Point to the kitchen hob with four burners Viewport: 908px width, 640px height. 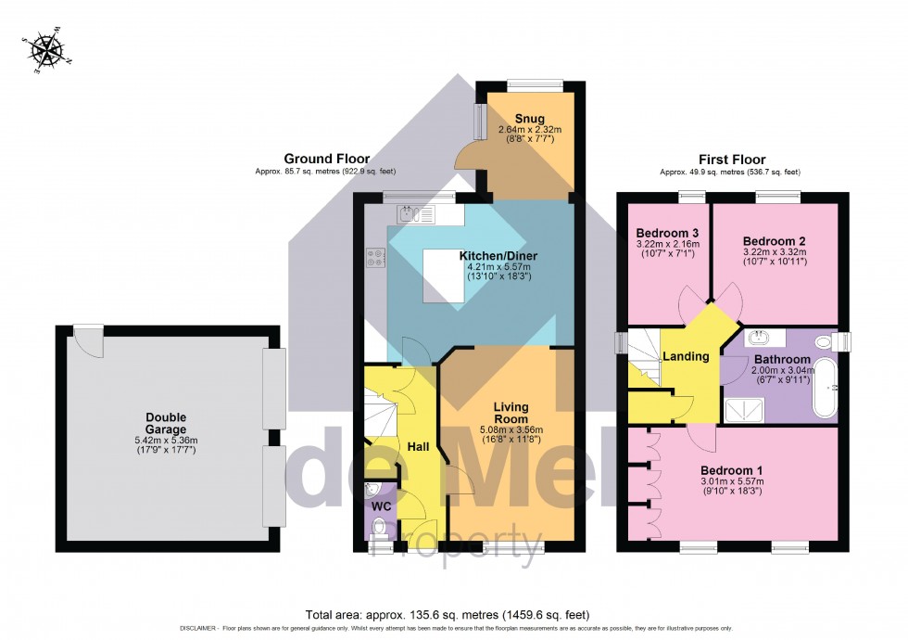(x=375, y=259)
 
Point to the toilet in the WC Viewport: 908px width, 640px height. (x=378, y=530)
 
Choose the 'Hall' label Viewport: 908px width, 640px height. (x=419, y=447)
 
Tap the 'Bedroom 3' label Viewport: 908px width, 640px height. (x=667, y=232)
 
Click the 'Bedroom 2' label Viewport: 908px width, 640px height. (x=776, y=232)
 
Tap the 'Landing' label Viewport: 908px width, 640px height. (x=685, y=356)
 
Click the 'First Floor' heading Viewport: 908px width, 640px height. (x=732, y=160)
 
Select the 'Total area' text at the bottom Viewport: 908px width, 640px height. (x=448, y=614)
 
